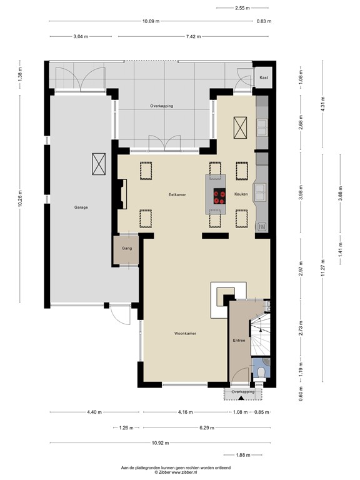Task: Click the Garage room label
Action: (81, 206)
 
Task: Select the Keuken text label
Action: (241, 195)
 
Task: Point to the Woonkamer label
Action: (186, 334)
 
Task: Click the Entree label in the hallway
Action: (239, 341)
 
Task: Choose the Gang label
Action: (127, 248)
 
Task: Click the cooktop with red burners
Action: (219, 197)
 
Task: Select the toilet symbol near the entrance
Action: (261, 372)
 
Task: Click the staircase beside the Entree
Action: (261, 337)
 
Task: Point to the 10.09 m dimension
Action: (150, 21)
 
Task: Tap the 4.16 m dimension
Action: (186, 412)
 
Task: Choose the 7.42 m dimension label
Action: (176, 37)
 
